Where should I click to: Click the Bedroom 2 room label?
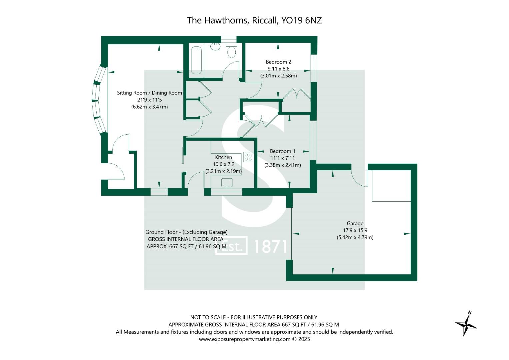(x=278, y=62)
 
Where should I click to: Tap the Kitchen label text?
(x=223, y=157)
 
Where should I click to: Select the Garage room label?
(x=355, y=223)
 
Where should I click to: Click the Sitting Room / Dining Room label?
(x=149, y=93)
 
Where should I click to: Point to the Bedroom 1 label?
(x=282, y=151)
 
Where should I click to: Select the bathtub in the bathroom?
(x=196, y=60)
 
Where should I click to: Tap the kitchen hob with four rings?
(x=248, y=157)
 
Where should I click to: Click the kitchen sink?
(x=227, y=182)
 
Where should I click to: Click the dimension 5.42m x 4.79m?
(x=355, y=238)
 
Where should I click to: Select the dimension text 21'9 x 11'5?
(x=149, y=100)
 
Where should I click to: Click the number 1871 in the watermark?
(x=270, y=247)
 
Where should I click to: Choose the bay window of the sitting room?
(x=100, y=100)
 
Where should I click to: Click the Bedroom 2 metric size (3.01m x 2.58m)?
(x=278, y=76)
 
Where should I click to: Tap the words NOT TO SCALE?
(x=208, y=317)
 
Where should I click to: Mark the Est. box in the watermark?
(x=232, y=246)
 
